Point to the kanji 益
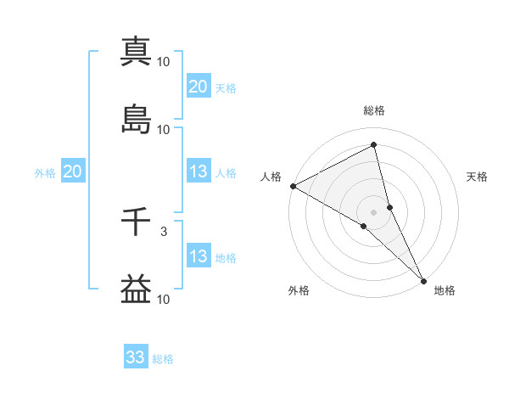coord(136,289)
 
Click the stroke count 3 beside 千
coord(164,231)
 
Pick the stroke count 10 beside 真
coord(164,61)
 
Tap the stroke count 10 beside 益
coord(164,299)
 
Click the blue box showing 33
coord(136,357)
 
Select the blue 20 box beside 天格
coord(199,87)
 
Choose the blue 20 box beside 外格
coord(72,171)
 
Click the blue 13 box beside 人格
coord(199,171)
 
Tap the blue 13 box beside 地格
coord(199,256)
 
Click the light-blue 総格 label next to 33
coord(163,359)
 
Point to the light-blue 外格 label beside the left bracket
coord(45,172)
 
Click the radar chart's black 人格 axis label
coord(271,177)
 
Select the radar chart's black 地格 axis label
coord(445,290)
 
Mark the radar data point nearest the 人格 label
coord(293,186)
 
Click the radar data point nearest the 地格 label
coord(423,279)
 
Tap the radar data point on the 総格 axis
coord(373,146)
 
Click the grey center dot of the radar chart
coord(373,211)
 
